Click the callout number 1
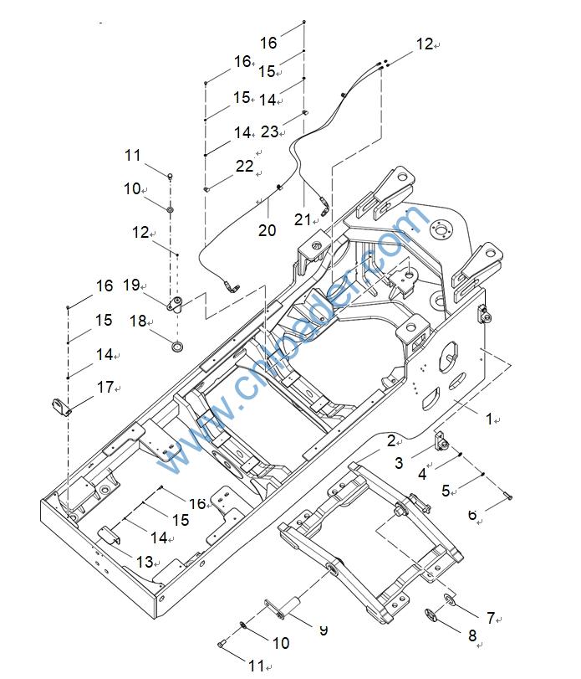490,419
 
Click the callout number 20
267,230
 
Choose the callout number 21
302,219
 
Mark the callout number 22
243,167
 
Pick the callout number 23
269,131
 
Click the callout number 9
323,629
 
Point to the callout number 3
399,462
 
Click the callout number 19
131,285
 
